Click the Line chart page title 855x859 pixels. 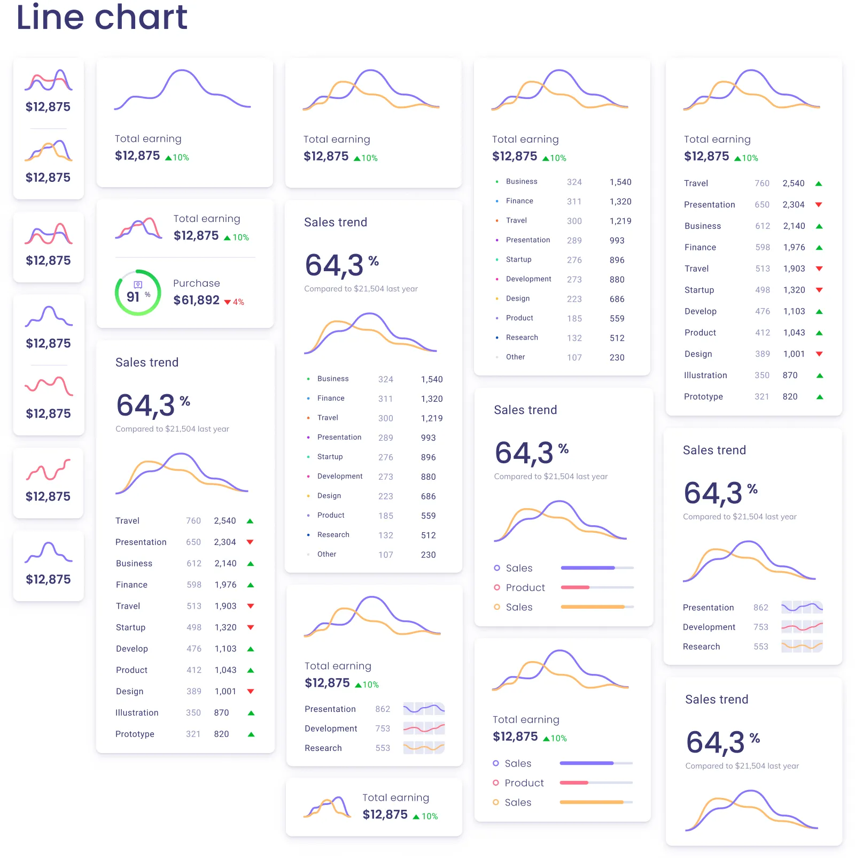tap(102, 17)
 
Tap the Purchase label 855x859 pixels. tap(196, 283)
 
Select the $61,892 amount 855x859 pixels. tap(196, 300)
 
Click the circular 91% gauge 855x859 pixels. tap(138, 292)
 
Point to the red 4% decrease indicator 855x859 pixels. tap(234, 302)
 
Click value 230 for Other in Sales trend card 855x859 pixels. tap(428, 555)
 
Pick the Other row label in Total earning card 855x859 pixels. tap(515, 357)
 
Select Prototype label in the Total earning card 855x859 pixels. tap(703, 396)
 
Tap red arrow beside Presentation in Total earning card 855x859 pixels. tap(819, 205)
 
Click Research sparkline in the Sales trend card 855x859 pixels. tap(802, 646)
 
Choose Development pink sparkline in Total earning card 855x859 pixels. tap(424, 728)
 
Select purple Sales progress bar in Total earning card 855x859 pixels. tap(587, 763)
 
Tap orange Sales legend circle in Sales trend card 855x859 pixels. tap(497, 607)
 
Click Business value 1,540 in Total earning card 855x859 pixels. tap(620, 182)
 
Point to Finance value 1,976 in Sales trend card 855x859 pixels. tap(226, 585)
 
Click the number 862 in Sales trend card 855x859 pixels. tap(760, 608)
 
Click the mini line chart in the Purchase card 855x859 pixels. tap(138, 229)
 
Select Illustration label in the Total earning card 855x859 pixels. tap(705, 375)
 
